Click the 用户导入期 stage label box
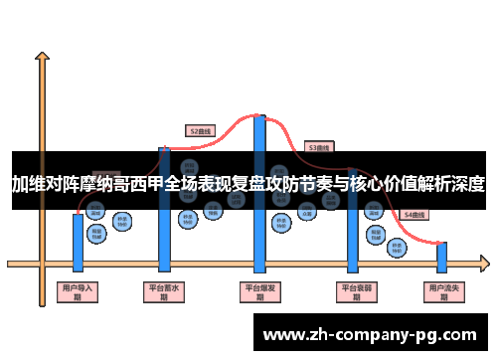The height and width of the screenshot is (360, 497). [78, 291]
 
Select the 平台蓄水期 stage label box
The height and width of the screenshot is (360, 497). [164, 291]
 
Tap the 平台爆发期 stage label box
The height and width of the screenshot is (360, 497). [260, 291]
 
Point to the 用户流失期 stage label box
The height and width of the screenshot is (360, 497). [442, 291]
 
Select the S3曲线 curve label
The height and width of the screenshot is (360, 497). [318, 147]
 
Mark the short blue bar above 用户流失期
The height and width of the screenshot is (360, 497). [442, 257]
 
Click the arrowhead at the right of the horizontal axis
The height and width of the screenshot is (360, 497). [484, 265]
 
